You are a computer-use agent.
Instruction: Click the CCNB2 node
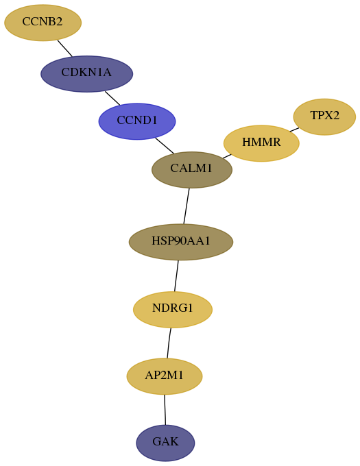point(43,23)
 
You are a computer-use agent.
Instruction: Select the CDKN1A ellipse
point(86,74)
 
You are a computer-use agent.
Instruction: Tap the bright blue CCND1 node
point(137,121)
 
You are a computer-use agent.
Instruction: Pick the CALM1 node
point(192,170)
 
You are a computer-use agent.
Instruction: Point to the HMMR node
point(261,143)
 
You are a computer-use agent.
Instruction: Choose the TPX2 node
point(324,116)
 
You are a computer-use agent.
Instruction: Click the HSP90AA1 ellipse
point(181,242)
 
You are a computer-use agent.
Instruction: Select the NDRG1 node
point(173,310)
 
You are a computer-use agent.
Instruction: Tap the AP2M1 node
point(165,376)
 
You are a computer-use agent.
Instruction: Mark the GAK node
point(165,443)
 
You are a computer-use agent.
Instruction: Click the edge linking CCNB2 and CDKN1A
point(65,48)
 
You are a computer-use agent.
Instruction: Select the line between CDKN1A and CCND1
point(112,98)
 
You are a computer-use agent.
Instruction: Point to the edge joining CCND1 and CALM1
point(165,145)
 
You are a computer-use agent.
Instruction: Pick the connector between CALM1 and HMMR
point(227,156)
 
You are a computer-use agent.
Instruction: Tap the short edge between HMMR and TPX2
point(294,130)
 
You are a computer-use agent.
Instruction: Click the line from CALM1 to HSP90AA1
point(187,206)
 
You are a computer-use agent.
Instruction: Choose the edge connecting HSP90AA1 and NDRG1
point(176,276)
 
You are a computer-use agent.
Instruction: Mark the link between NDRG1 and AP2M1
point(169,343)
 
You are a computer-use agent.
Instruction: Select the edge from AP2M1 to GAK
point(165,410)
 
